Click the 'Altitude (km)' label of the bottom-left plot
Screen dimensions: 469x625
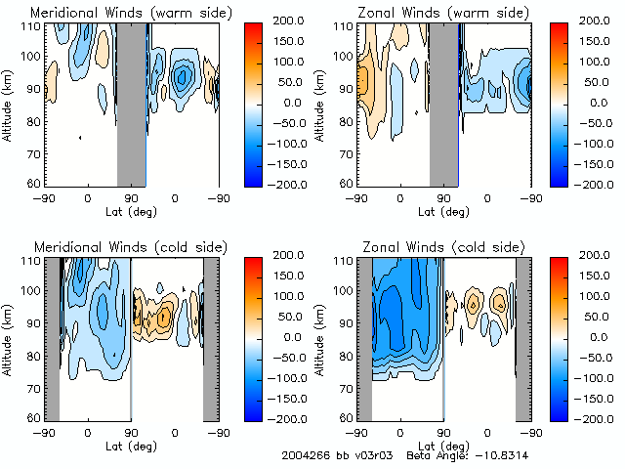coord(8,337)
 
